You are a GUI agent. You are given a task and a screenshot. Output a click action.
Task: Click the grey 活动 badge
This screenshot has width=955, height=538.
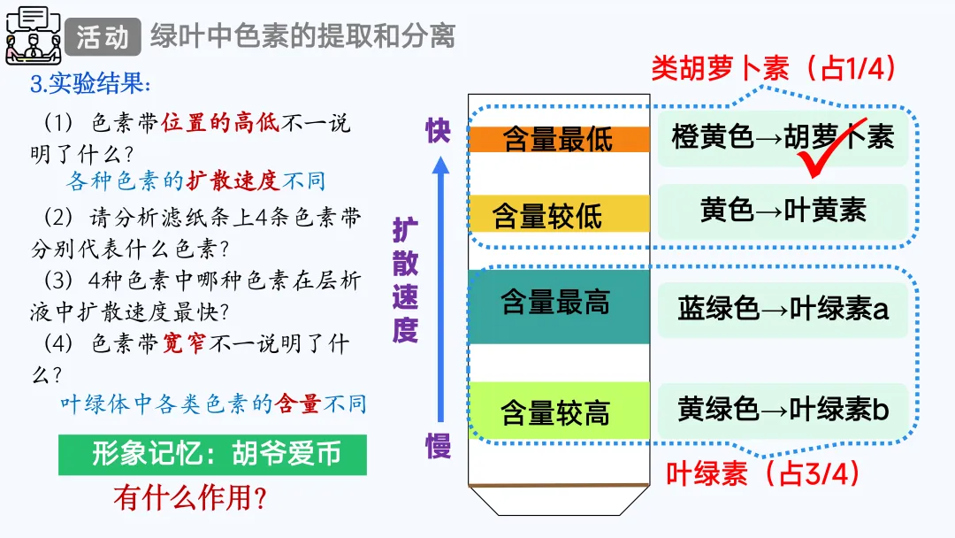coord(103,36)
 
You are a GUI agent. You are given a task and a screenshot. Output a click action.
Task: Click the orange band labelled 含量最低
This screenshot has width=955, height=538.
coord(558,139)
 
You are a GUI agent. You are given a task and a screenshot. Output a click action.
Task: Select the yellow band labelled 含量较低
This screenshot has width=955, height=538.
coord(558,213)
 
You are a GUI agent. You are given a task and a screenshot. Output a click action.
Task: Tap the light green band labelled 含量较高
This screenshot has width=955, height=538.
coord(558,411)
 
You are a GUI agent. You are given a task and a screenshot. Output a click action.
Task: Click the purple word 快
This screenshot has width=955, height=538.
coord(438,131)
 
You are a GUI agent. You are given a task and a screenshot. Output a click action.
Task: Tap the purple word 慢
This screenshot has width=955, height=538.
coord(439,445)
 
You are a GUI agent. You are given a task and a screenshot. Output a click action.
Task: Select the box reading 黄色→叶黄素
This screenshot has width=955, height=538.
coord(783,211)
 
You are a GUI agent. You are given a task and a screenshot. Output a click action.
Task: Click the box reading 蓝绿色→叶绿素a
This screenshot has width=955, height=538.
coord(783,309)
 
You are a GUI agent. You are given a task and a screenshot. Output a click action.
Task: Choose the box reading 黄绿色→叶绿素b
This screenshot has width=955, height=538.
coord(783,410)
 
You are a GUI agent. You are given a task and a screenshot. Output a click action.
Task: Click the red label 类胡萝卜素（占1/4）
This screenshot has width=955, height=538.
coord(774,69)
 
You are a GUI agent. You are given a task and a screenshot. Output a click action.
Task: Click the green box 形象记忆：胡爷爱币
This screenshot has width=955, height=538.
coord(212,455)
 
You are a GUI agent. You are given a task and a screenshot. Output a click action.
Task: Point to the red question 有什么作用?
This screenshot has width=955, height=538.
coord(190,498)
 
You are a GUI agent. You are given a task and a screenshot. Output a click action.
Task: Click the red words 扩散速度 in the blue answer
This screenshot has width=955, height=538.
coord(233,181)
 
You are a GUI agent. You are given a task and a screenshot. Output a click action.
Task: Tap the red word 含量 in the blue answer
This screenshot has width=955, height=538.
coord(298,404)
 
